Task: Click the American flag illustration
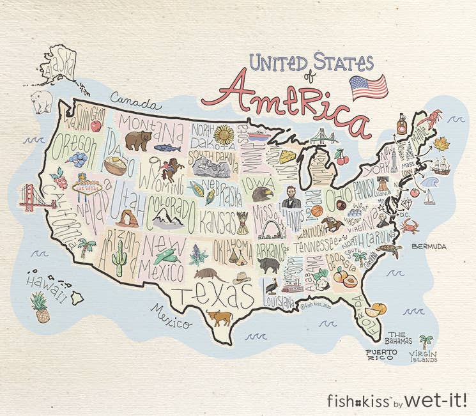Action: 369,86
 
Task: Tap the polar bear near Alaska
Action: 42,102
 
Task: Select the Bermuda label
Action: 429,245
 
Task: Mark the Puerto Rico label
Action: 381,355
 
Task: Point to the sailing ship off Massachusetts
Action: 441,166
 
